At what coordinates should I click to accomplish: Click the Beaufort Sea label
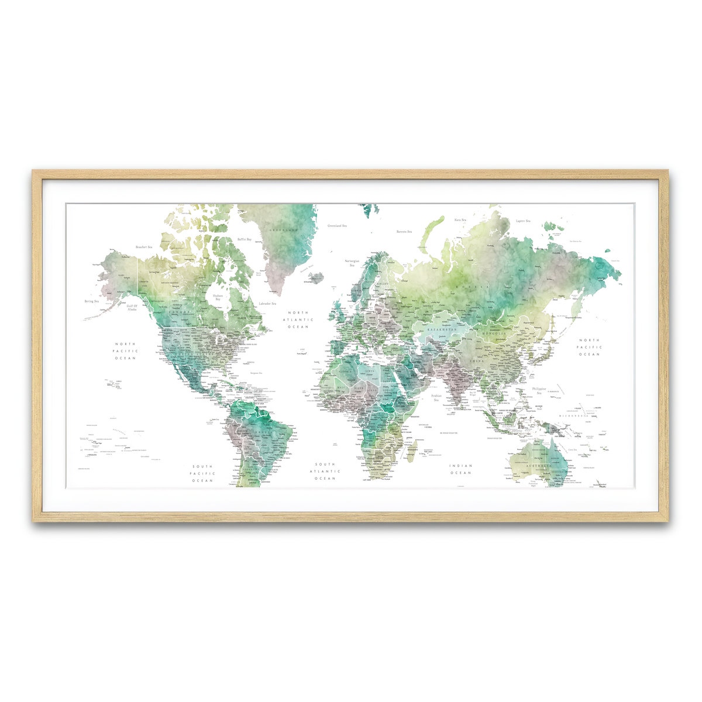pyautogui.click(x=143, y=247)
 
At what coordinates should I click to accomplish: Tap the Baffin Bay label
pyautogui.click(x=245, y=239)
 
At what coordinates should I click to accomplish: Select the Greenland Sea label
pyautogui.click(x=337, y=225)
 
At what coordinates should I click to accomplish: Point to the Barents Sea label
pyautogui.click(x=404, y=232)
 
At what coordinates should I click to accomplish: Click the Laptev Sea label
pyautogui.click(x=523, y=221)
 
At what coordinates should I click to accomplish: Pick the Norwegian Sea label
pyautogui.click(x=352, y=263)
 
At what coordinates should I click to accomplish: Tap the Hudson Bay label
pyautogui.click(x=218, y=297)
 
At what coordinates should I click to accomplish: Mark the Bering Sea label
pyautogui.click(x=92, y=301)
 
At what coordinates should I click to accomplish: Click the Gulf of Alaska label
pyautogui.click(x=132, y=307)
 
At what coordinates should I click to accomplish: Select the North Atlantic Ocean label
pyautogui.click(x=297, y=319)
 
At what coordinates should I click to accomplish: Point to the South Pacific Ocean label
pyautogui.click(x=203, y=473)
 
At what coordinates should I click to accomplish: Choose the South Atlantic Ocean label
pyautogui.click(x=325, y=471)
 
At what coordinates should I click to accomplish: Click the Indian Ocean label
pyautogui.click(x=460, y=469)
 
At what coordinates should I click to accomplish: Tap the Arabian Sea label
pyautogui.click(x=436, y=398)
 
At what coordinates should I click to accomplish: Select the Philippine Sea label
pyautogui.click(x=539, y=390)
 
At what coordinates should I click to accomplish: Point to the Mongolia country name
pyautogui.click(x=494, y=333)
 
